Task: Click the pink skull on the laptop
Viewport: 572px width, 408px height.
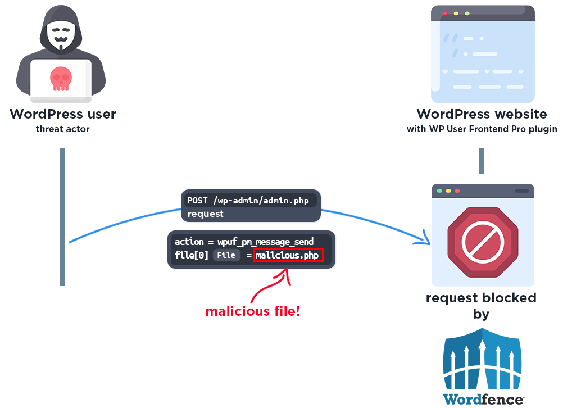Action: pyautogui.click(x=61, y=79)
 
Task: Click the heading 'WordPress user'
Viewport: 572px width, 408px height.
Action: pyautogui.click(x=62, y=114)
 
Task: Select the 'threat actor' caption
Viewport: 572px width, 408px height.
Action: pyautogui.click(x=62, y=129)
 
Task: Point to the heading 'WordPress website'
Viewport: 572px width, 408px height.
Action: pyautogui.click(x=482, y=114)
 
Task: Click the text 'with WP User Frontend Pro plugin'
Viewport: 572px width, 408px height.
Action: pyautogui.click(x=482, y=129)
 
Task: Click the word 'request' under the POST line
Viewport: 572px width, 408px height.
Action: pyautogui.click(x=205, y=214)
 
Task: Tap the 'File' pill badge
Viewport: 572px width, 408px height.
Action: pyautogui.click(x=226, y=255)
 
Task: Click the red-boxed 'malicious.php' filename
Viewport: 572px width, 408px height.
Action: pyautogui.click(x=288, y=255)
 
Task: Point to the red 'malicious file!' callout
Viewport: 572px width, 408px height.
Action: pyautogui.click(x=252, y=311)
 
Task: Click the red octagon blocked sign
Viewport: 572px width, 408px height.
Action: pyautogui.click(x=482, y=242)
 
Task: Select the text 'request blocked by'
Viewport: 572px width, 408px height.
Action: pyautogui.click(x=481, y=305)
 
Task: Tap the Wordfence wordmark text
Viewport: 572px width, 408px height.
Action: pyautogui.click(x=483, y=399)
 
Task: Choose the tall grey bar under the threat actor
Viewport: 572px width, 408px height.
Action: pyautogui.click(x=63, y=216)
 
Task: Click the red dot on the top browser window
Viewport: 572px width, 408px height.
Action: pyautogui.click(x=445, y=13)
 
